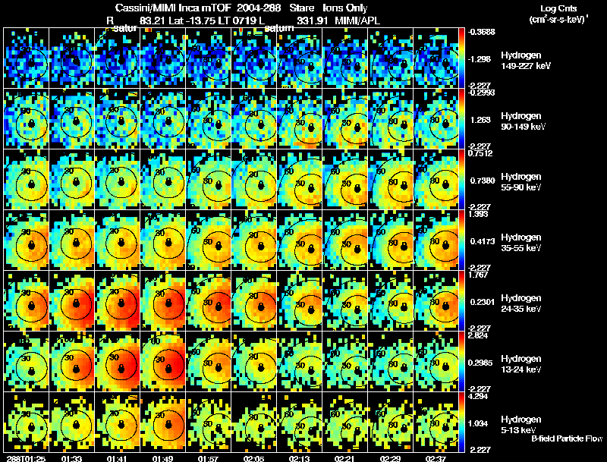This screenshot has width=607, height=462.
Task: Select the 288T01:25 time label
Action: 22,458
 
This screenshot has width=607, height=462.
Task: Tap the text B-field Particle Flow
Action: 566,438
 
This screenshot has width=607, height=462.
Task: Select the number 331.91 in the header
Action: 312,20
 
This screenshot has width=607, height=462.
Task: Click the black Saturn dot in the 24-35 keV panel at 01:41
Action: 121,305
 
